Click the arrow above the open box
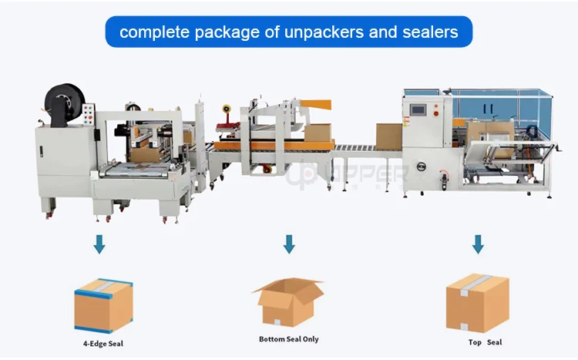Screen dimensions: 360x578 click(289, 244)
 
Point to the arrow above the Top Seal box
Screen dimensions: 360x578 click(478, 244)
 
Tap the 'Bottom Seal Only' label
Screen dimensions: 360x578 click(288, 338)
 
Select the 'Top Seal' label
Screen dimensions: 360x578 click(485, 341)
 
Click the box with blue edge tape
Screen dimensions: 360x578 click(103, 305)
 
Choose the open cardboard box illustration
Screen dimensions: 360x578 click(287, 301)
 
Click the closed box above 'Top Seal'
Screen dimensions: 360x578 click(477, 304)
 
